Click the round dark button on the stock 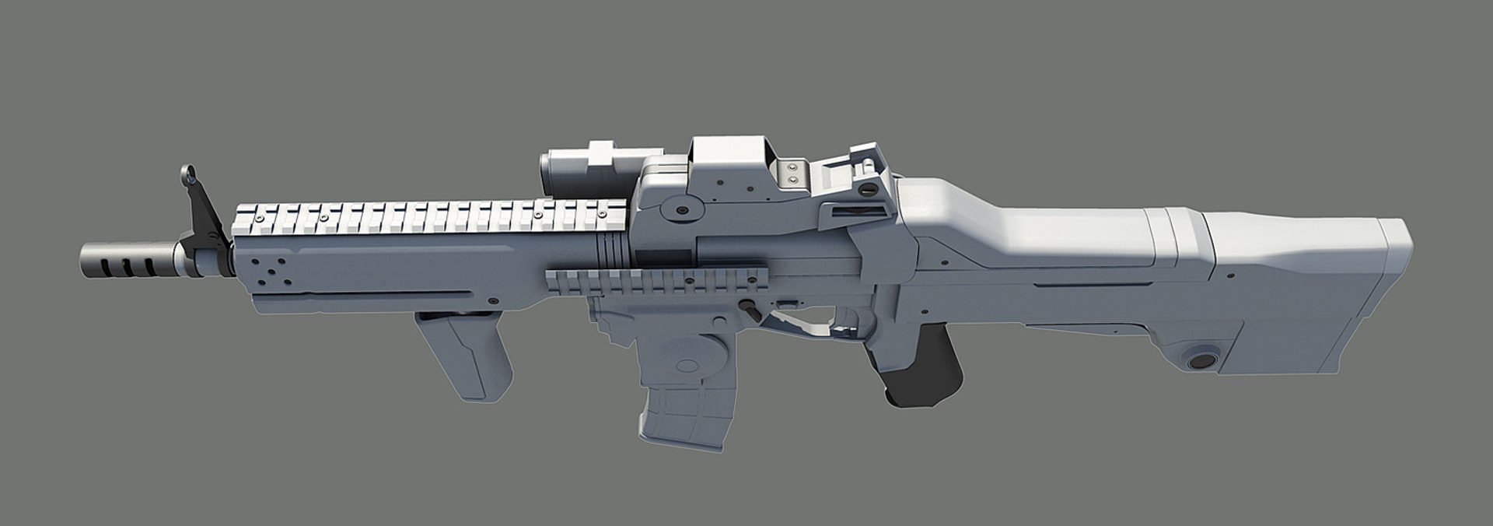coord(1203,359)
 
